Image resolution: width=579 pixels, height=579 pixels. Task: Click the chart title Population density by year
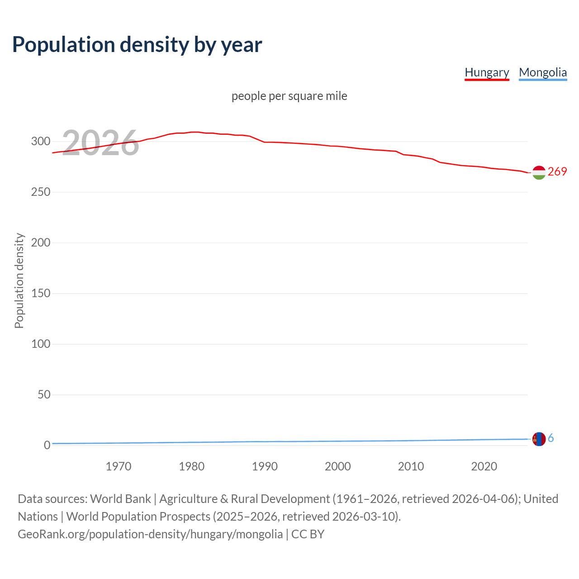[137, 45]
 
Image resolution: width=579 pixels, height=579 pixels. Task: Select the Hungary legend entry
[487, 72]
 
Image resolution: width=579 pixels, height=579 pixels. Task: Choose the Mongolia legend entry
[542, 72]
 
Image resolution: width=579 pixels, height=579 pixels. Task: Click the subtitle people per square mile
[289, 96]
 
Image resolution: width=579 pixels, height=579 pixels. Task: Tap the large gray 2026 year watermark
[100, 143]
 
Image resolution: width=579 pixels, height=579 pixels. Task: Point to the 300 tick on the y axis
[41, 141]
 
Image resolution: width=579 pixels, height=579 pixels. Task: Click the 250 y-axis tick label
[41, 192]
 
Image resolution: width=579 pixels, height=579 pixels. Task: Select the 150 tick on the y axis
[41, 293]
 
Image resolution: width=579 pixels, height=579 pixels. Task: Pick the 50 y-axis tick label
[43, 394]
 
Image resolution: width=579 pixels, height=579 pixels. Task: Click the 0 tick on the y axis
[47, 445]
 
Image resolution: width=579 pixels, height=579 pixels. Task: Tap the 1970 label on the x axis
[119, 466]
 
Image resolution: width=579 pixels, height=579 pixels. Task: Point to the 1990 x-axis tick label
[265, 466]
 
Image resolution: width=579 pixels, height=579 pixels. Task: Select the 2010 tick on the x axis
[411, 466]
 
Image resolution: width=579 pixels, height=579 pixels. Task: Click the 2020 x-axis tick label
[484, 466]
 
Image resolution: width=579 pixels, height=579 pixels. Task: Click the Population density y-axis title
[19, 280]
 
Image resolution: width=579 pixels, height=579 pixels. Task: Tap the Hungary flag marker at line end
[539, 172]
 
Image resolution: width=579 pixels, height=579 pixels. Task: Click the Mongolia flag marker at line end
[539, 439]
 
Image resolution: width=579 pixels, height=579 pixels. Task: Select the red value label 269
[557, 171]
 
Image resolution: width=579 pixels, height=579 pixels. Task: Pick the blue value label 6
[551, 438]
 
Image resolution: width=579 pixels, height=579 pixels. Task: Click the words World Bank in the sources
[120, 498]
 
